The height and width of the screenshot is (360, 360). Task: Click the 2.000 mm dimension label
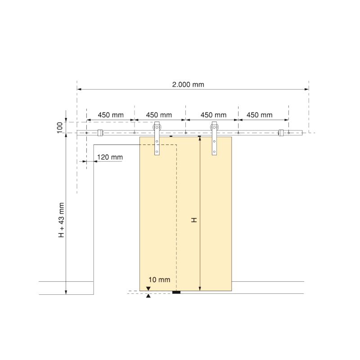[x=188, y=85]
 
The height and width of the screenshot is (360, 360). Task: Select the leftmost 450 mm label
[x=111, y=115]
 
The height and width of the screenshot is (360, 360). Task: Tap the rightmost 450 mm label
[x=260, y=115]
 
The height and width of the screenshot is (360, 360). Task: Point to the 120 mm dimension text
[x=110, y=157]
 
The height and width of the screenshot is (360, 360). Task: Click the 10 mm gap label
[x=159, y=279]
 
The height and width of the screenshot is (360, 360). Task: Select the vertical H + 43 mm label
[x=61, y=220]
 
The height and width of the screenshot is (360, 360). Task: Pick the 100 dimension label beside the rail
[x=59, y=128]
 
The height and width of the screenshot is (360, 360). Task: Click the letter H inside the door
[x=194, y=220]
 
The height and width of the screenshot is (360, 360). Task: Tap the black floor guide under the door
[x=176, y=292]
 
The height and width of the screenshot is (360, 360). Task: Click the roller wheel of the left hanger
[x=157, y=127]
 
